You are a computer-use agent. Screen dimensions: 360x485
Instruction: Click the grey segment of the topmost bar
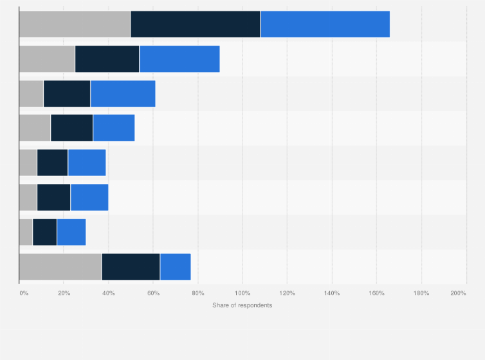[75, 24]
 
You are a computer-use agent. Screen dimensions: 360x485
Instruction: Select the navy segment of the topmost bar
[196, 24]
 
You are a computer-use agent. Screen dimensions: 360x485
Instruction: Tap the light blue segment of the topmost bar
[325, 24]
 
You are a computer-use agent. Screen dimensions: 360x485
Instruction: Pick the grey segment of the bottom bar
[60, 267]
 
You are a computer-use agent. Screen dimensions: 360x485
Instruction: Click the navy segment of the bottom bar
[131, 267]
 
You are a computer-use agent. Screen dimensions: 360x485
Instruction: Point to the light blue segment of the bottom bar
[176, 267]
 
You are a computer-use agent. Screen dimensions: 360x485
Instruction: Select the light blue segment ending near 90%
[179, 59]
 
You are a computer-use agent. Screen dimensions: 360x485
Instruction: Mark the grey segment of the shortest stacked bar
[26, 232]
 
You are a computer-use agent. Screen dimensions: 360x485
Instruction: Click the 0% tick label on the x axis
[24, 293]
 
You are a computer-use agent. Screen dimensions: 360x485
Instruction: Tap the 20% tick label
[64, 293]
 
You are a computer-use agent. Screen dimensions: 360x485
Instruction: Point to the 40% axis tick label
[109, 293]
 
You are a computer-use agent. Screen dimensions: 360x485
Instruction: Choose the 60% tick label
[153, 293]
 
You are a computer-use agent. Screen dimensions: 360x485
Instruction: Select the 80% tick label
[198, 293]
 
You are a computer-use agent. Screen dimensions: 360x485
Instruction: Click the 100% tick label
[243, 293]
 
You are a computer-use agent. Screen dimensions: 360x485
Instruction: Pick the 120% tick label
[287, 293]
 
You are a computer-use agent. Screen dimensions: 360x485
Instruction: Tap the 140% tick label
[332, 293]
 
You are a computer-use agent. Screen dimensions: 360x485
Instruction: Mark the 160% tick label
[376, 293]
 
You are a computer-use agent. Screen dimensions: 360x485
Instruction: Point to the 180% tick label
[421, 293]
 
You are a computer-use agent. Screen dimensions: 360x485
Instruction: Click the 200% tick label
[458, 293]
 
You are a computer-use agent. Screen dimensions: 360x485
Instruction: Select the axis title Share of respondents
[242, 305]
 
